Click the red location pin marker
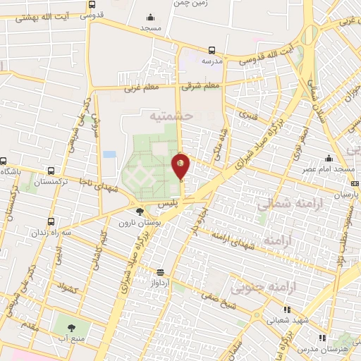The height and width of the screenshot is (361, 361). tap(180, 166)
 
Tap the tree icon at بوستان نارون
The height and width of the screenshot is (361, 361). tap(140, 210)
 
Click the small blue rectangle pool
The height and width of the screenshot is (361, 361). tap(109, 154)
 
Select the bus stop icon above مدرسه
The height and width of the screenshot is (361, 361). tap(212, 50)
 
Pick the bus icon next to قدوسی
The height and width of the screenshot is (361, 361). tap(92, 4)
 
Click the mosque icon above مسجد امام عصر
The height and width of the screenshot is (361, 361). tap(329, 159)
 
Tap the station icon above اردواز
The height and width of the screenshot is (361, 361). tap(161, 272)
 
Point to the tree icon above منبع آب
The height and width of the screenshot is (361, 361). tap(71, 326)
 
